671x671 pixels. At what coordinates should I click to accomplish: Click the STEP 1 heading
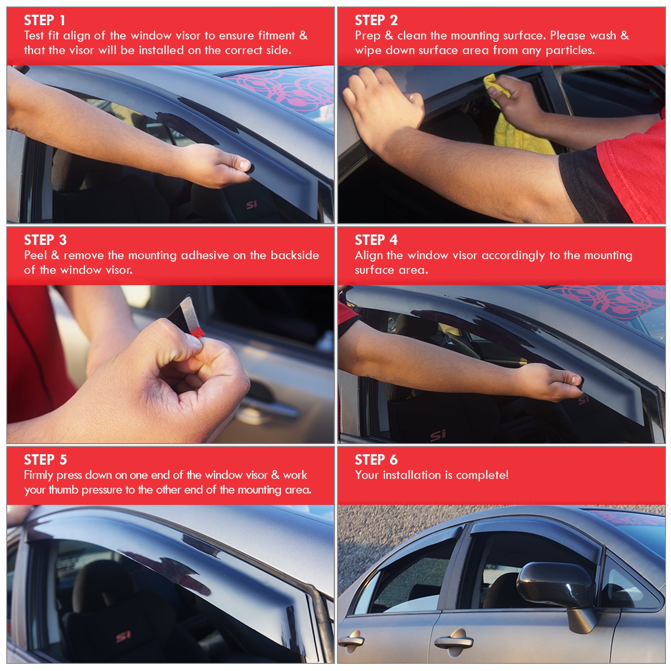[x=44, y=20]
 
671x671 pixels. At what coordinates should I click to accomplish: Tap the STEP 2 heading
[x=376, y=20]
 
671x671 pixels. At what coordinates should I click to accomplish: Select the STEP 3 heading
[x=45, y=240]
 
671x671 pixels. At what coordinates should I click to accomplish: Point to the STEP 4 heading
[x=376, y=240]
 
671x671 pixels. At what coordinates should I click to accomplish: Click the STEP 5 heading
[x=45, y=460]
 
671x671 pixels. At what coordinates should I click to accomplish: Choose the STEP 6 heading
[x=376, y=460]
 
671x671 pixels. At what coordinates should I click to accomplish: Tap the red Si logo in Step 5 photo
[x=123, y=637]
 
